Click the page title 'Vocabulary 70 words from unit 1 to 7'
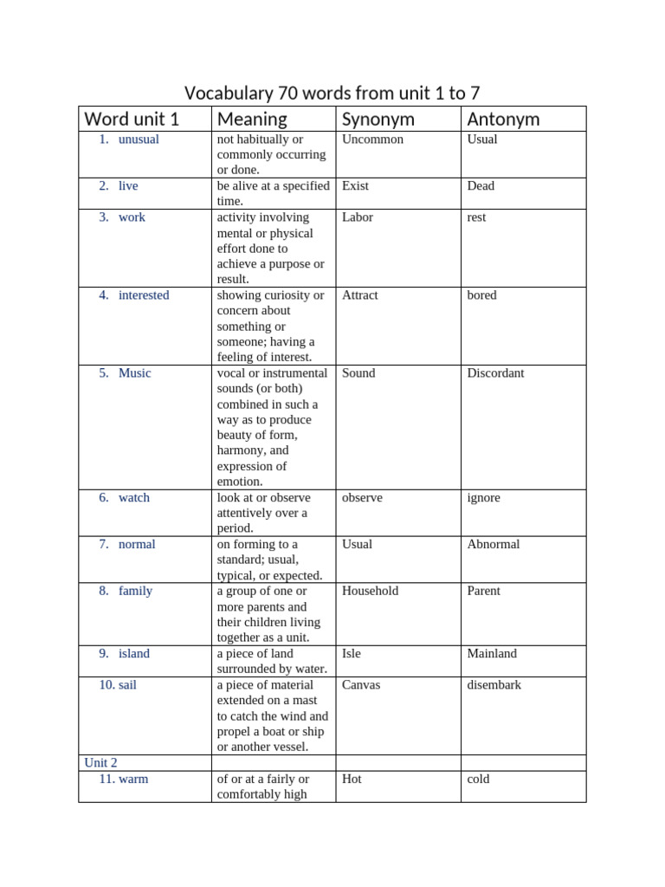point(332,92)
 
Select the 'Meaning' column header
point(252,120)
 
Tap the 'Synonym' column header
point(378,120)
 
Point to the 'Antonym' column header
point(503,120)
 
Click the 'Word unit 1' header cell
point(132,120)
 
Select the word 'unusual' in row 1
point(139,139)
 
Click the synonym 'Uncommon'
point(372,139)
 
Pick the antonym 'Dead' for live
point(481,186)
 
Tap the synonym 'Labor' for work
point(358,217)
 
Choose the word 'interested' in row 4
point(144,295)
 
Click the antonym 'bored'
point(481,295)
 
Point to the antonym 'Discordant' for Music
point(495,373)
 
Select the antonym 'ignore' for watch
point(483,498)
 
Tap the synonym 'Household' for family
point(370,591)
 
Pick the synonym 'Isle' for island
point(352,654)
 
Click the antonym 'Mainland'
point(492,654)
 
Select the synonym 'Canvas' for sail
point(361,685)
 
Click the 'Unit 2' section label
point(100,763)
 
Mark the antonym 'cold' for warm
point(478,780)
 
